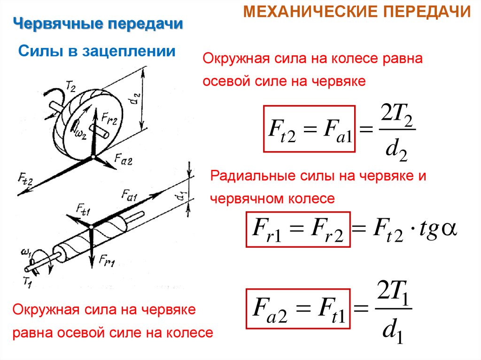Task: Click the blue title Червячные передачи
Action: (98, 24)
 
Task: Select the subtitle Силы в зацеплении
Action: (96, 51)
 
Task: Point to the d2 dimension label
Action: (136, 100)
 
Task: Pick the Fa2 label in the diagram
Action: (123, 161)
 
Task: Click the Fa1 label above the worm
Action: (129, 193)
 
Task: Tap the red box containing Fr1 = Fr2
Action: (298, 230)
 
